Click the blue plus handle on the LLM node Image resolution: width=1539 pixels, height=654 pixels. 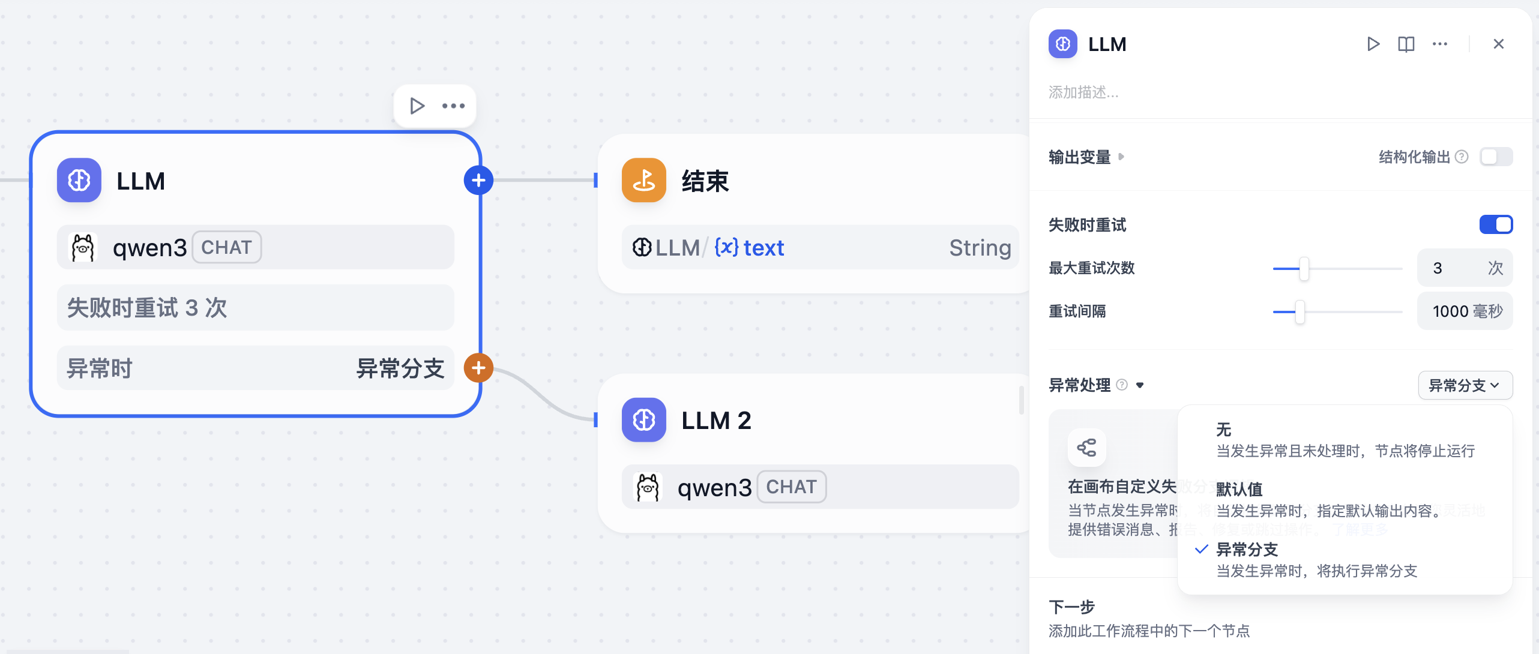478,180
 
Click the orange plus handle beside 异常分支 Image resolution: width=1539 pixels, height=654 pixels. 478,368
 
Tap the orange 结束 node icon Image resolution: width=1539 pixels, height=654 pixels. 643,180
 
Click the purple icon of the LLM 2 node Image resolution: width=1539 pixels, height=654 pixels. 643,420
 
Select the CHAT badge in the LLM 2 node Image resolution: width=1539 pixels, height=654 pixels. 791,487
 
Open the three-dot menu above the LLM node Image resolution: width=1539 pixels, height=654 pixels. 453,106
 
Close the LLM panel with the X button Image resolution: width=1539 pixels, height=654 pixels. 1498,44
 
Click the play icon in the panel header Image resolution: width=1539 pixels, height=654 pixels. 1373,44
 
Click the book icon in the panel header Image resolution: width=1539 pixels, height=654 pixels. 1406,44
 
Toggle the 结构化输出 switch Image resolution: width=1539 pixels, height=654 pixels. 1496,157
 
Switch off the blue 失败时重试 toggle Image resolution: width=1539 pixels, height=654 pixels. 1496,224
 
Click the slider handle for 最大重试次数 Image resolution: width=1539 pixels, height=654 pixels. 1304,268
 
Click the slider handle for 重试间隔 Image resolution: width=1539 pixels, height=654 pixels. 1300,311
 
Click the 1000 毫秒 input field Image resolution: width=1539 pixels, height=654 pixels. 1465,311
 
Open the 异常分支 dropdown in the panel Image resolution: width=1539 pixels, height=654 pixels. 1465,385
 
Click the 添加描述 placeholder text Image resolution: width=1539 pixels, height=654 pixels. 1083,92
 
